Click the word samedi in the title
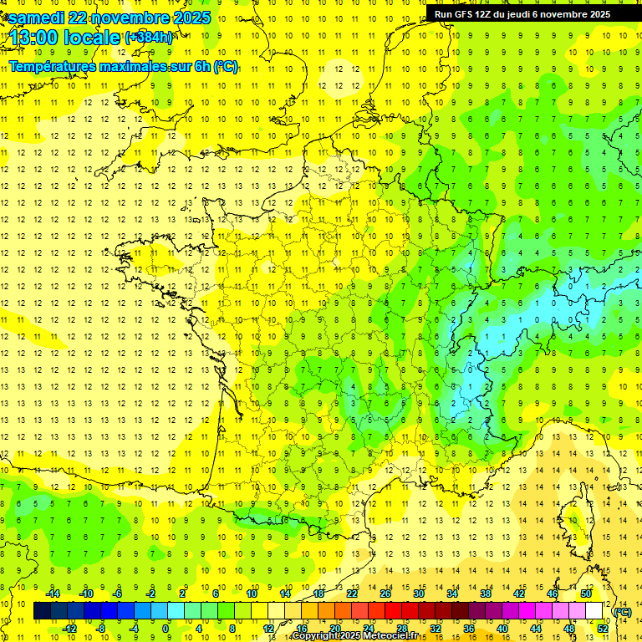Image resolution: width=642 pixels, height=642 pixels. click(x=38, y=18)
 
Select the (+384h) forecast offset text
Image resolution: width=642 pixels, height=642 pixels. click(x=149, y=37)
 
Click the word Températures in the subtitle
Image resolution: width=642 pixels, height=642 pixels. click(x=53, y=65)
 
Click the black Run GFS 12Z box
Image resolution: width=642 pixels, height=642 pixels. click(x=522, y=13)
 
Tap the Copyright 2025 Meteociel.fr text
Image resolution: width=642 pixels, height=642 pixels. click(x=354, y=636)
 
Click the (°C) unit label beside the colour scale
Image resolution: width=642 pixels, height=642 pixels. click(x=623, y=612)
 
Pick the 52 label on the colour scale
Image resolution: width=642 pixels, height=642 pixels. click(x=603, y=629)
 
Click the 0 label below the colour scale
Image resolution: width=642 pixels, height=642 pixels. click(x=166, y=629)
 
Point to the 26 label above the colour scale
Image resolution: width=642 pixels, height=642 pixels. click(x=385, y=594)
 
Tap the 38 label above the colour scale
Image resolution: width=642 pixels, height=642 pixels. click(x=486, y=594)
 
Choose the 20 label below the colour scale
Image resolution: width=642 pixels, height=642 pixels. click(x=334, y=629)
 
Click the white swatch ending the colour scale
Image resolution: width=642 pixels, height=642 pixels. click(x=594, y=611)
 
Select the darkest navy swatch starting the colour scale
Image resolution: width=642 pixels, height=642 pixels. click(x=43, y=611)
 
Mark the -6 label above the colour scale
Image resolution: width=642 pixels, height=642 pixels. click(x=118, y=594)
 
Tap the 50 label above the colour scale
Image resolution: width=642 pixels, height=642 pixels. click(x=586, y=594)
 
